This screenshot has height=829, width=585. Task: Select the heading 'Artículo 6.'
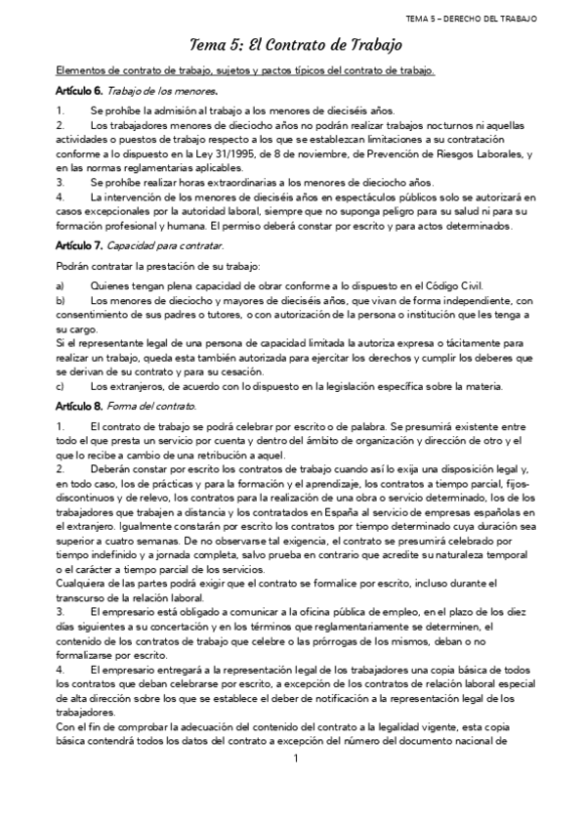[78, 91]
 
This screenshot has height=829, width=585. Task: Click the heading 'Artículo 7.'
[78, 244]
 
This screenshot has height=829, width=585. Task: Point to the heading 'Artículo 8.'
[78, 405]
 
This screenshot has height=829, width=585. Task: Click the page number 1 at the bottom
[294, 785]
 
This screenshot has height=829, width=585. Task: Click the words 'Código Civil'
[454, 284]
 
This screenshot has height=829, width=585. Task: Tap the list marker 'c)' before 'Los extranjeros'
[61, 385]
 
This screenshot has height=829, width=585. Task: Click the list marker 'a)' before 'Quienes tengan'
[61, 284]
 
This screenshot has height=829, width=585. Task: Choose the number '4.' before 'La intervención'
[61, 197]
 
